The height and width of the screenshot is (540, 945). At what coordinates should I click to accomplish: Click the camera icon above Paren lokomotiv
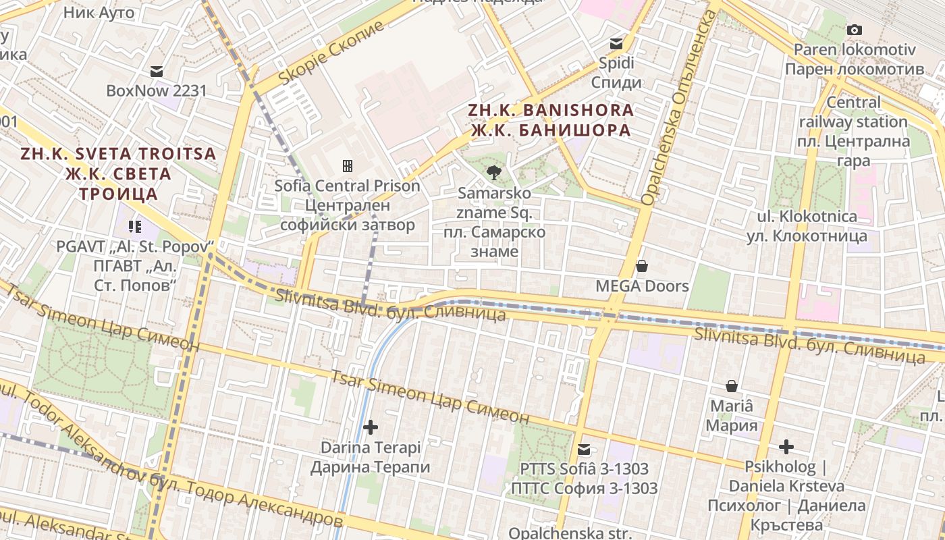click(855, 30)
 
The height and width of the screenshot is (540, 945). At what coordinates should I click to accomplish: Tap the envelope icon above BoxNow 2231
click(157, 71)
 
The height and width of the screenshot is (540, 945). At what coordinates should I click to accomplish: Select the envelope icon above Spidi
click(616, 44)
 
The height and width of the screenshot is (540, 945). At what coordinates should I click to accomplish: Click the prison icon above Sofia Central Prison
click(348, 165)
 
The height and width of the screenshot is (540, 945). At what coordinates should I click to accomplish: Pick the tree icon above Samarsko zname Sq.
click(494, 173)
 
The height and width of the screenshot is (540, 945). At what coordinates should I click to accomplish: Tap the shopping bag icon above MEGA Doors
click(642, 266)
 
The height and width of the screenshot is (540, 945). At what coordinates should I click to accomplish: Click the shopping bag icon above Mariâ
click(732, 386)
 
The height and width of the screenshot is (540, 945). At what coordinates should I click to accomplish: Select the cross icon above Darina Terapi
click(370, 427)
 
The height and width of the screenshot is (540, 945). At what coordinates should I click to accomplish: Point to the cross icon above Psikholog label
click(786, 447)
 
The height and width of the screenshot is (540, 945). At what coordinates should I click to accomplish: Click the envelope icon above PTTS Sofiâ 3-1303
click(584, 449)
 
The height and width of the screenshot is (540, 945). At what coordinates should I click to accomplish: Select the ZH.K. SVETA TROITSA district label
click(118, 173)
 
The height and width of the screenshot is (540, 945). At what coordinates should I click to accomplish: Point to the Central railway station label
click(854, 132)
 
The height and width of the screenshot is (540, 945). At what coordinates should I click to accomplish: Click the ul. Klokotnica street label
click(806, 226)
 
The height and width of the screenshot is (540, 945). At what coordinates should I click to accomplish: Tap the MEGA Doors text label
click(642, 286)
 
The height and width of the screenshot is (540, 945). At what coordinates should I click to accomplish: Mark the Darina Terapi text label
click(370, 457)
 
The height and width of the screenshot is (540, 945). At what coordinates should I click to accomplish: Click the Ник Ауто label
click(99, 12)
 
